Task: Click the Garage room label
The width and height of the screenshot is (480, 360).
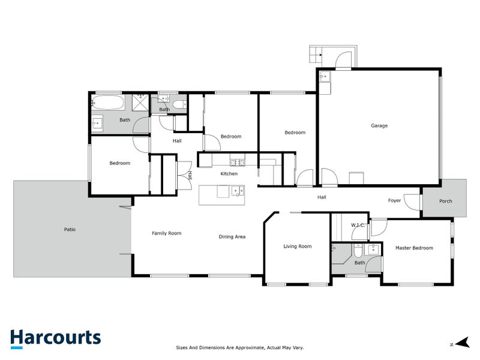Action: point(379,126)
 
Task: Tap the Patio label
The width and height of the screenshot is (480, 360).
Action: point(70,229)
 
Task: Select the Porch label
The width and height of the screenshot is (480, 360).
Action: point(445,201)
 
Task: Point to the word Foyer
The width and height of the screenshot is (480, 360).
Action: point(394,201)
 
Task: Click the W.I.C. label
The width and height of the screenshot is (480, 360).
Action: point(358,226)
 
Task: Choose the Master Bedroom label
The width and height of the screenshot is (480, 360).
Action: point(414,248)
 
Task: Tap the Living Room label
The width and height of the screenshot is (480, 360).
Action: point(298,246)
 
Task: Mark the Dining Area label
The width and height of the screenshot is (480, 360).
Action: point(232,236)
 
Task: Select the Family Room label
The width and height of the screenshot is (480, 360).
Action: point(166,233)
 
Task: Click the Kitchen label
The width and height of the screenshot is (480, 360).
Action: point(229,174)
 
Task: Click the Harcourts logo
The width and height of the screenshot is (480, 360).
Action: point(55,338)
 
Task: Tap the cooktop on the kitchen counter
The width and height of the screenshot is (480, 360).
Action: point(237,162)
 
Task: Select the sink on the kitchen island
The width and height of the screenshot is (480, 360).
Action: point(238,191)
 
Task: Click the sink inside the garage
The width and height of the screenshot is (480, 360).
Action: point(324,76)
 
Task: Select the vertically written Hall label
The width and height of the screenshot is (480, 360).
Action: point(190,175)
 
